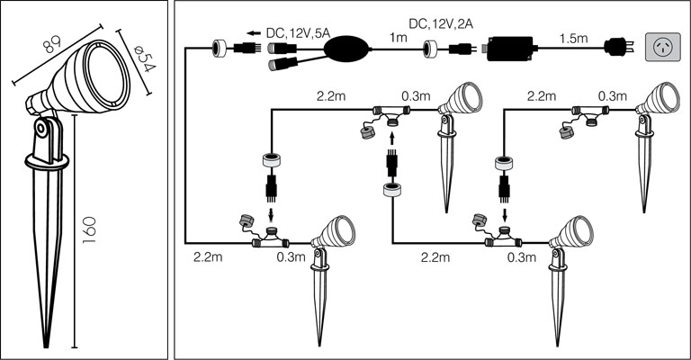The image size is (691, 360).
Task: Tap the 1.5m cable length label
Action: tap(573, 40)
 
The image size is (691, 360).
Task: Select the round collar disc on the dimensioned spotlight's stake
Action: tap(47, 163)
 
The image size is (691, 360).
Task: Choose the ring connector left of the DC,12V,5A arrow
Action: tap(219, 49)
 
